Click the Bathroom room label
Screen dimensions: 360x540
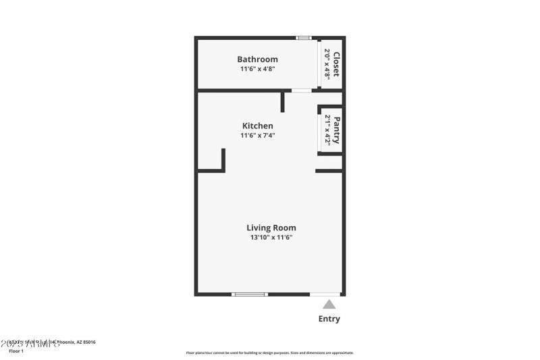(x=257, y=59)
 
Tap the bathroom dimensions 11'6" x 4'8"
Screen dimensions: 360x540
(x=257, y=69)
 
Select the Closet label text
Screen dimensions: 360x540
(x=336, y=64)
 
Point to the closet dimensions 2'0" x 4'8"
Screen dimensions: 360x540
(x=327, y=64)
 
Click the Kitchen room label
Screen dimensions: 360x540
(x=258, y=126)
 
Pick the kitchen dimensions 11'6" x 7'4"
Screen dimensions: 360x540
(x=258, y=135)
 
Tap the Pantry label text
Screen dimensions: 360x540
(x=336, y=130)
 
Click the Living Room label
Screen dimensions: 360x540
(x=271, y=228)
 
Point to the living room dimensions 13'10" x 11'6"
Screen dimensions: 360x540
(x=271, y=237)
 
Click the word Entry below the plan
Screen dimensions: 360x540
(x=329, y=319)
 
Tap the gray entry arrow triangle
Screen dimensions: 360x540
(x=329, y=305)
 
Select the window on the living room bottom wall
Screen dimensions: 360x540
(x=250, y=294)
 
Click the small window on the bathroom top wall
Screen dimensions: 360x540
(x=304, y=38)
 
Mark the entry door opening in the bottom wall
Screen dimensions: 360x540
(x=325, y=294)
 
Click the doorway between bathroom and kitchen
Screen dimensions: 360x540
(x=301, y=90)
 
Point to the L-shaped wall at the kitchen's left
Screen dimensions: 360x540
(x=219, y=165)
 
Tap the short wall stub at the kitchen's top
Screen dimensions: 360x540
(x=283, y=101)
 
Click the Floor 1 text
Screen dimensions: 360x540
(x=16, y=351)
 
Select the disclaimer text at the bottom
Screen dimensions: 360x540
(x=269, y=353)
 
